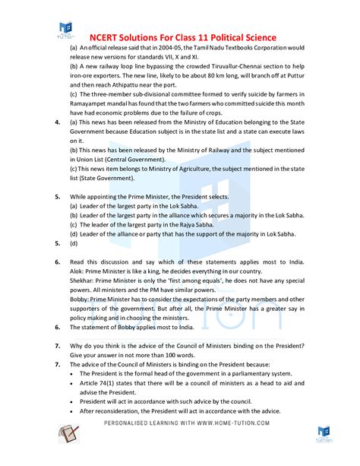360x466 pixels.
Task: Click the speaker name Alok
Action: (77, 270)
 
